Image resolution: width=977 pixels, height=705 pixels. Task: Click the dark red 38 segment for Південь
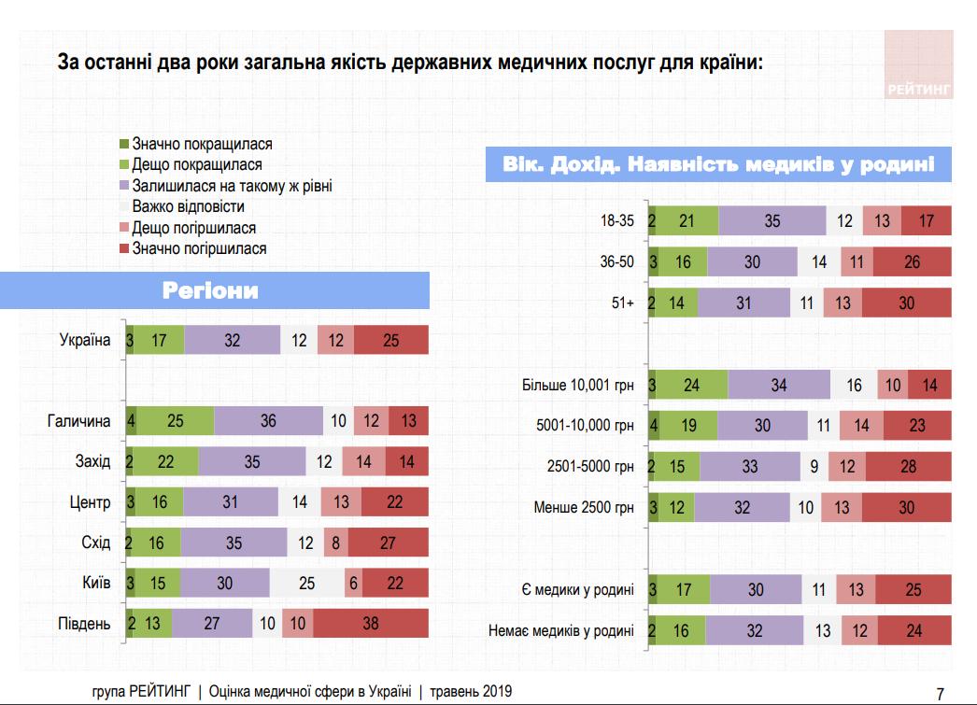click(x=370, y=623)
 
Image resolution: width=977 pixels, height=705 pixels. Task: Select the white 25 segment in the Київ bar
click(x=307, y=583)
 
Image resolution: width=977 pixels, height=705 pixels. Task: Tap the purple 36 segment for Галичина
click(x=268, y=421)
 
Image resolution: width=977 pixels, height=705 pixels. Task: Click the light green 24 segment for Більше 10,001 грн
click(x=692, y=385)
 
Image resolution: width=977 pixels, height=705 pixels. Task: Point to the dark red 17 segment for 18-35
click(x=926, y=221)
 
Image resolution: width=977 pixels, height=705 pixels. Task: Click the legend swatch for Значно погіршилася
click(x=124, y=248)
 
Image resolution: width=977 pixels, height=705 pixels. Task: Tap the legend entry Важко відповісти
click(x=189, y=206)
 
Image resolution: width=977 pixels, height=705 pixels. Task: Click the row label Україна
click(x=85, y=341)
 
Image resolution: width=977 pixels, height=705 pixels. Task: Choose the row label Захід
click(x=92, y=461)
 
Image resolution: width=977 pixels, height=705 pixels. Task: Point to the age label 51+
click(x=621, y=303)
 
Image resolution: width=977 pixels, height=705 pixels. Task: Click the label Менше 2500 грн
click(x=584, y=508)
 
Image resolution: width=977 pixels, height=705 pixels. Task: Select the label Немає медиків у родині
click(x=560, y=631)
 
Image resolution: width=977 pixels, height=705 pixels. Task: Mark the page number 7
click(x=940, y=693)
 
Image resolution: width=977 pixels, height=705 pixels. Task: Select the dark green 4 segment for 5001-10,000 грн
click(x=654, y=426)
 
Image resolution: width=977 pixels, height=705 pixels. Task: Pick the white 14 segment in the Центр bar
click(x=300, y=502)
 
